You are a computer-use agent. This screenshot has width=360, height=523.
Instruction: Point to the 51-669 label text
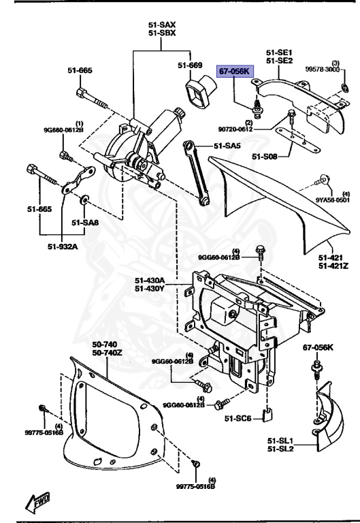pyautogui.click(x=190, y=65)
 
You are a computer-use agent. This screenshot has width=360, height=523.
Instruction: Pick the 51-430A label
pyautogui.click(x=150, y=280)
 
